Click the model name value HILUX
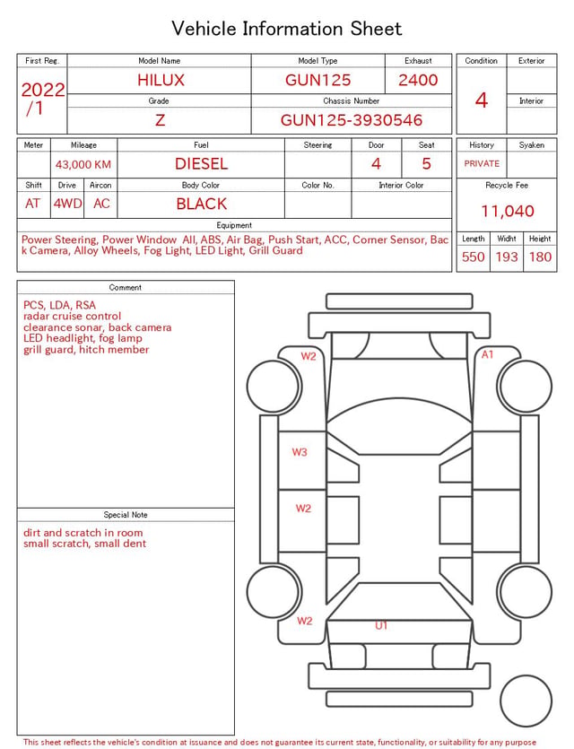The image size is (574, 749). click(x=161, y=80)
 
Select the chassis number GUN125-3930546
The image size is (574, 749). click(x=351, y=120)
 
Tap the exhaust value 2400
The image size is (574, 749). click(x=418, y=80)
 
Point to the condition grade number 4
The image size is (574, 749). click(x=482, y=100)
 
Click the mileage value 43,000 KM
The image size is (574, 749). click(x=83, y=164)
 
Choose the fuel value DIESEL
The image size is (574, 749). click(x=201, y=164)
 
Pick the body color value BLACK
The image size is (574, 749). click(x=201, y=204)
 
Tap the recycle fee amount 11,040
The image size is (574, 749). click(x=507, y=211)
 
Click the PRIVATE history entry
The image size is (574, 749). click(x=482, y=163)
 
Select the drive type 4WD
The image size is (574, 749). click(x=67, y=204)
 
